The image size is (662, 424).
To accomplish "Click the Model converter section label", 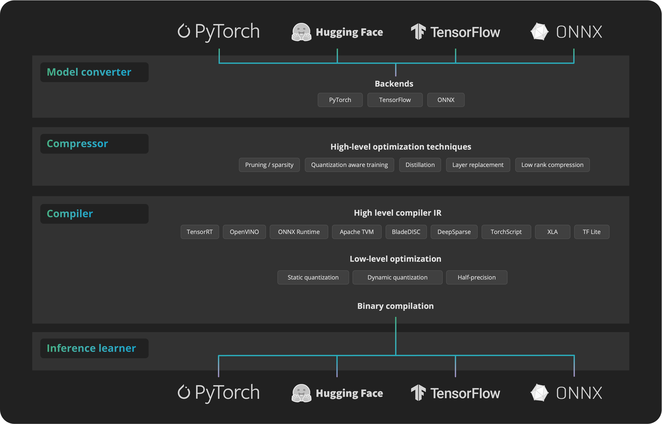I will pyautogui.click(x=89, y=72).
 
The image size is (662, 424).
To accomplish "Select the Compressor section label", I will pyautogui.click(x=77, y=144).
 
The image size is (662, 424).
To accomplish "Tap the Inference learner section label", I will pyautogui.click(x=91, y=348).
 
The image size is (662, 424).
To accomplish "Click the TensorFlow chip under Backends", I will pyautogui.click(x=395, y=100).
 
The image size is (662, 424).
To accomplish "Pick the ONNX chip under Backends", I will pyautogui.click(x=446, y=100).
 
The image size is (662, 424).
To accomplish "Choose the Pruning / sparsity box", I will pyautogui.click(x=269, y=165).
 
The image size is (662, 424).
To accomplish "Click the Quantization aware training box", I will pyautogui.click(x=349, y=165).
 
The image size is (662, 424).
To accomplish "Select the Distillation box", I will pyautogui.click(x=420, y=165).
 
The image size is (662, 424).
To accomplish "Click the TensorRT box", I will pyautogui.click(x=200, y=232).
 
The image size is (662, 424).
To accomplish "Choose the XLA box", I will pyautogui.click(x=552, y=232).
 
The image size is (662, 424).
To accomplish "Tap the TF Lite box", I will pyautogui.click(x=592, y=232).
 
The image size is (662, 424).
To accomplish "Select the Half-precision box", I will pyautogui.click(x=477, y=278).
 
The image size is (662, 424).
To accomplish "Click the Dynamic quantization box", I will pyautogui.click(x=397, y=278).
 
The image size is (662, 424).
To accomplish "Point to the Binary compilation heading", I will pyautogui.click(x=395, y=306).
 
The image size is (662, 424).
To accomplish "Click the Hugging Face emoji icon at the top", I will pyautogui.click(x=301, y=32).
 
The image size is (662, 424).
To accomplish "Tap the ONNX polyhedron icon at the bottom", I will pyautogui.click(x=539, y=393).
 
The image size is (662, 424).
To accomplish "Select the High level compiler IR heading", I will pyautogui.click(x=398, y=213).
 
